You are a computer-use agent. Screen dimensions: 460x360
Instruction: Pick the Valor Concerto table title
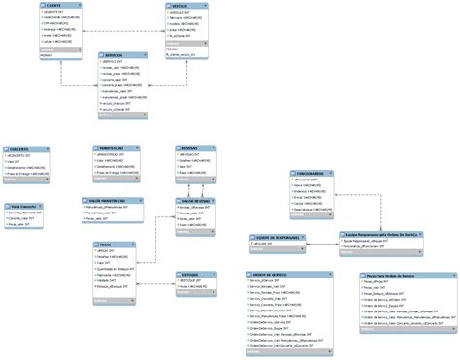(x=26, y=206)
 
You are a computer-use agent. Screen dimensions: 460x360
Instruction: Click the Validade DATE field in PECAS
(x=110, y=279)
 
